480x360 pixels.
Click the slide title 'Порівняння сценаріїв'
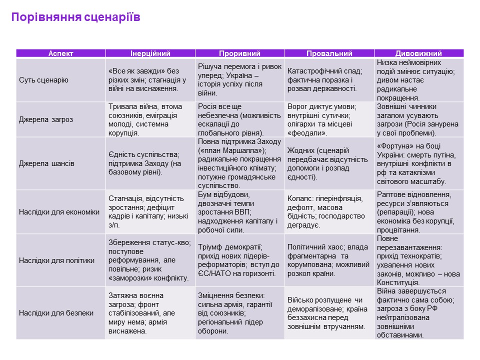pyautogui.click(x=75, y=18)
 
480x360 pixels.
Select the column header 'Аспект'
pyautogui.click(x=60, y=53)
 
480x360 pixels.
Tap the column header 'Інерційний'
pyautogui.click(x=150, y=53)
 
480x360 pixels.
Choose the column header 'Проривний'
pyautogui.click(x=240, y=53)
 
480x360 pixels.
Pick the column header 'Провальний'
pyautogui.click(x=329, y=53)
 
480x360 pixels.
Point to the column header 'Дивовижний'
pyautogui.click(x=419, y=53)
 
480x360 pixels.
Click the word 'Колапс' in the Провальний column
pyautogui.click(x=299, y=198)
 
